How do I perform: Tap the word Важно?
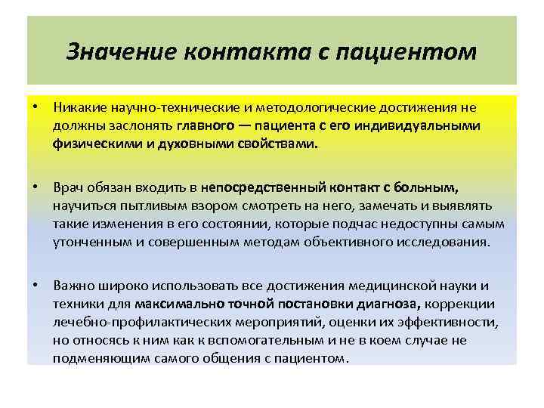point(73,287)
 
